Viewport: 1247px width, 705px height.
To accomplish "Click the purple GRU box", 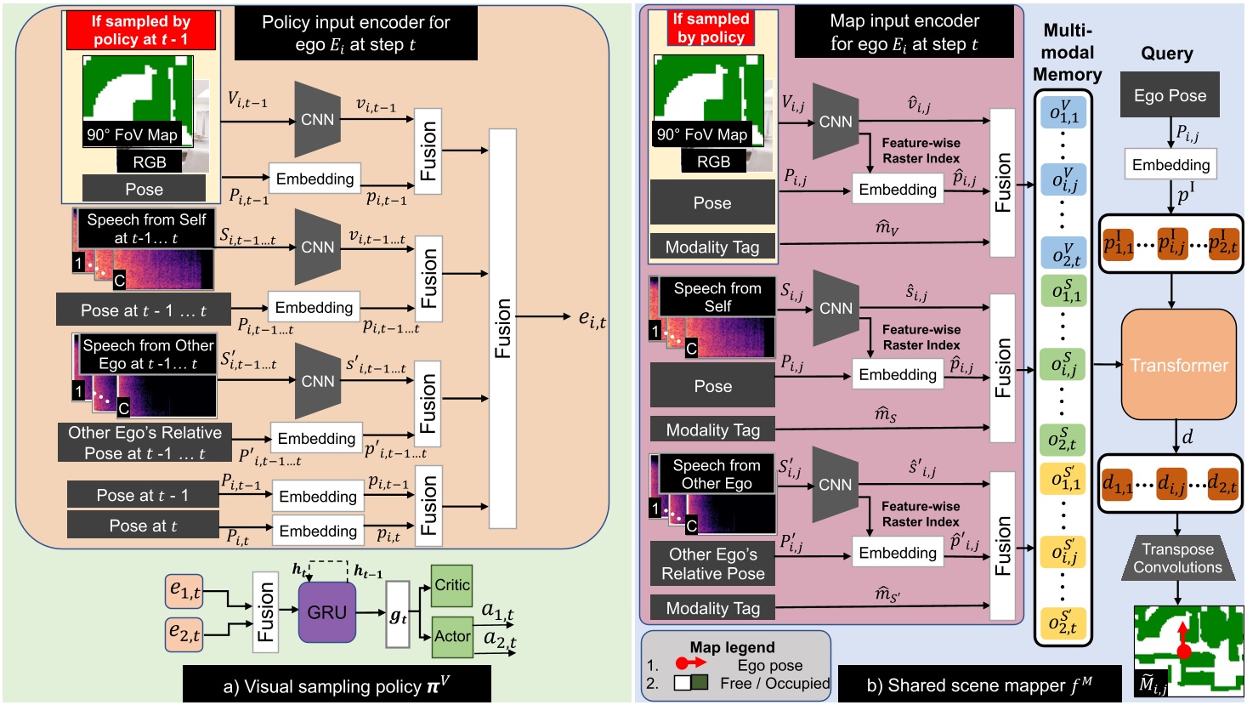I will coord(326,612).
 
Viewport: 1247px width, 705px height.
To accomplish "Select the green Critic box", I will coord(451,585).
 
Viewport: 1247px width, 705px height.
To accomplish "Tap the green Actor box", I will coord(451,636).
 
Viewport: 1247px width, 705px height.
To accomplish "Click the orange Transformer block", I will coord(1178,366).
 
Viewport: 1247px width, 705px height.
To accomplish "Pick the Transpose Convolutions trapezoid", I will coord(1177,559).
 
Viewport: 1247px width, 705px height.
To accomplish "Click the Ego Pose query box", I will coord(1170,95).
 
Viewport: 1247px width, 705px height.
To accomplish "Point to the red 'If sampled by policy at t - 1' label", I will coord(141,31).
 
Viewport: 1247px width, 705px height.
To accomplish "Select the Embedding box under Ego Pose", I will coord(1170,165).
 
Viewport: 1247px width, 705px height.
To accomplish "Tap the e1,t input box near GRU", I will coord(185,589).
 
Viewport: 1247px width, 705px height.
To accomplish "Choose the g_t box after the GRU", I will coord(398,617).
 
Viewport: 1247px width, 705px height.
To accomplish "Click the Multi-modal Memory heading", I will coord(1067,53).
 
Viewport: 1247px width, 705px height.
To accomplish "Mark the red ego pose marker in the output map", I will coord(1183,651).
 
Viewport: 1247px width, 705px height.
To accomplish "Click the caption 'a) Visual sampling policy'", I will coord(336,685).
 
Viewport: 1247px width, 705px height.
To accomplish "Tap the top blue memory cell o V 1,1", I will coord(1063,111).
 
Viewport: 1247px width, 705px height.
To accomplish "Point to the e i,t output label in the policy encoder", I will coord(592,318).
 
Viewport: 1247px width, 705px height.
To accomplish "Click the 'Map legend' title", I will coord(732,647).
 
